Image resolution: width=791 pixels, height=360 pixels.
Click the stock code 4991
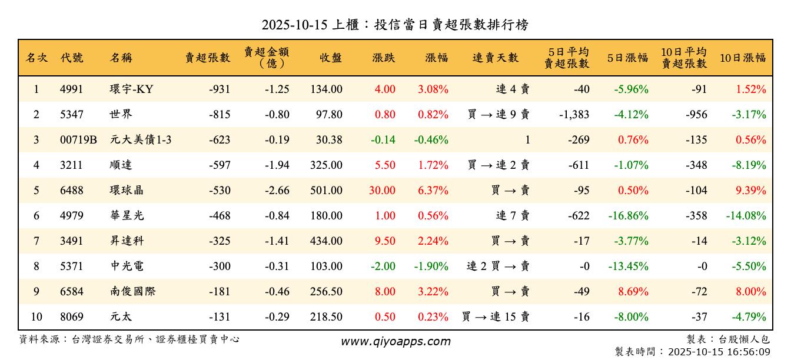tap(71, 89)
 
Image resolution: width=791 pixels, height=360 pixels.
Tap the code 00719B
tap(78, 140)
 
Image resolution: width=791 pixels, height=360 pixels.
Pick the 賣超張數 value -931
tap(219, 89)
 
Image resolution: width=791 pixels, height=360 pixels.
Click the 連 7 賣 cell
tap(513, 216)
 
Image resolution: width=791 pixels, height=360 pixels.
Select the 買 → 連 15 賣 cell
tap(496, 317)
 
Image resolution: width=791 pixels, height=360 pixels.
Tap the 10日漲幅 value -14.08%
tap(746, 216)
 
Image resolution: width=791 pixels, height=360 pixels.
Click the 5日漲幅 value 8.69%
tap(632, 292)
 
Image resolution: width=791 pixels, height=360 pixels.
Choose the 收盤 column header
tap(330, 58)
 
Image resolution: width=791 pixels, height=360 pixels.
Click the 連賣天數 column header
tap(496, 58)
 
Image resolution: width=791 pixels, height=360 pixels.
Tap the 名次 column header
tap(36, 58)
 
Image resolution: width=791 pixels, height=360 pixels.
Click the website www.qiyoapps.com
tap(395, 342)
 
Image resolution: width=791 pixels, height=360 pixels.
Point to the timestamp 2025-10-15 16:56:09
tap(719, 352)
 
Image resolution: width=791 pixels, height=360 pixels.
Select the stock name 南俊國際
tap(132, 292)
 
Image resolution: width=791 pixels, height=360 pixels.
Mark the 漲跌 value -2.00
tap(383, 266)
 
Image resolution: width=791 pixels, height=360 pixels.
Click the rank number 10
tap(36, 317)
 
